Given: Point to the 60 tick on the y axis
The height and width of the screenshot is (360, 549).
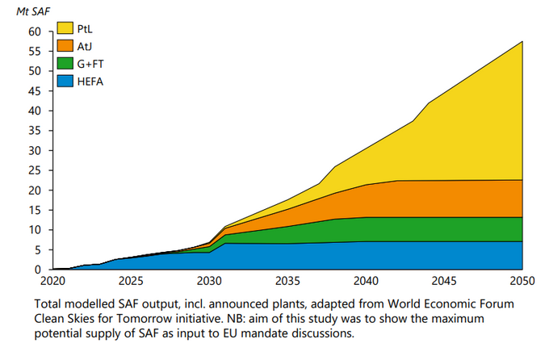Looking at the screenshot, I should click(34, 31).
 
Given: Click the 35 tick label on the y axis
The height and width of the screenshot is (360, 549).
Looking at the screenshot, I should click(34, 131).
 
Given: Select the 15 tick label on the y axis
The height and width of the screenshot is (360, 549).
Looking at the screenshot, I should click(34, 210).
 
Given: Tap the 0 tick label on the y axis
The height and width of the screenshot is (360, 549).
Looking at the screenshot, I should click(37, 270).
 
